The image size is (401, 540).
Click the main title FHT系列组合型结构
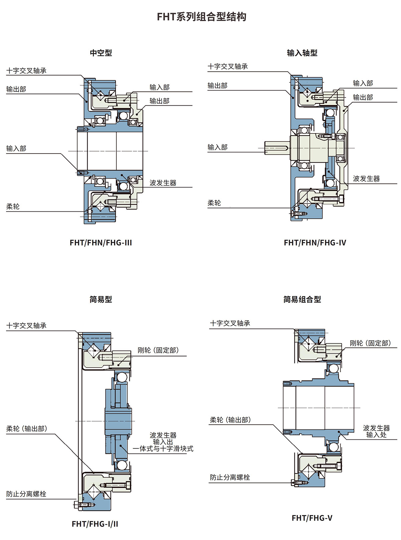coord(202,17)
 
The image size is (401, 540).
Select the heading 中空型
coord(101,53)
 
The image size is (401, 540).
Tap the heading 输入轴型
coord(302,53)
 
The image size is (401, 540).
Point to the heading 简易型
coord(101,299)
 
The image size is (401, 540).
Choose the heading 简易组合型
coord(302,299)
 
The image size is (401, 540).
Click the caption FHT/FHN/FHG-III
coord(101,243)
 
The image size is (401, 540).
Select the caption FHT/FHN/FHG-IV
coord(315,243)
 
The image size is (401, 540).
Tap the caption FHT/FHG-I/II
coord(95,524)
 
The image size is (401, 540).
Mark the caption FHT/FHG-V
coord(312,518)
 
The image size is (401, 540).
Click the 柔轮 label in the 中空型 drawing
coord(13,207)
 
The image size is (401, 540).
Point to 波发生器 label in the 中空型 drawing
coord(163,183)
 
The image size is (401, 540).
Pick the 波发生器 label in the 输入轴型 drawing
coord(366,179)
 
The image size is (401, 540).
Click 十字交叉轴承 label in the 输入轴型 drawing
coord(228,67)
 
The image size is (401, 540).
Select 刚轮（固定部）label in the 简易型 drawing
coord(158,350)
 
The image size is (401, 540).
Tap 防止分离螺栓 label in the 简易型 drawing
coord(26,494)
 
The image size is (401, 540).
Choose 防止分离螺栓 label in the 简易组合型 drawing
coord(230,477)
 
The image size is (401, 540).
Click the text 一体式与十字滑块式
coord(163,449)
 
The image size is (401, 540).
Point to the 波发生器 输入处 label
coord(376,431)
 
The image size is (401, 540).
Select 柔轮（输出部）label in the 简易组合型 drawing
coord(230,420)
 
